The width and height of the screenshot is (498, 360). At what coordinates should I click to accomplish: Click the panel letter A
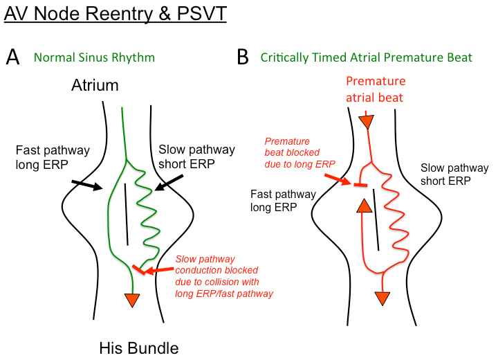[x=12, y=57]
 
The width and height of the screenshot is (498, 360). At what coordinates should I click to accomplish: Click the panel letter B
[x=242, y=57]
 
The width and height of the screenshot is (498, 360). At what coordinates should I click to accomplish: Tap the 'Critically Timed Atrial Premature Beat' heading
[x=367, y=57]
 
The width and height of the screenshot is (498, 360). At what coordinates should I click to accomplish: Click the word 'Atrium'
[x=95, y=85]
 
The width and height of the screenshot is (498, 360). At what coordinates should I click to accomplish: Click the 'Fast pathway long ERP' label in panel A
[x=44, y=157]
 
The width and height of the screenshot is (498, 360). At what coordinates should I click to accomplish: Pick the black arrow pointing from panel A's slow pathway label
[x=169, y=183]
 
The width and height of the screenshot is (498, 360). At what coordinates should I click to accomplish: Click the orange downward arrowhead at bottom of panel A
[x=131, y=299]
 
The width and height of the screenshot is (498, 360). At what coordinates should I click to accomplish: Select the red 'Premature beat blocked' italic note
[x=297, y=152]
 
